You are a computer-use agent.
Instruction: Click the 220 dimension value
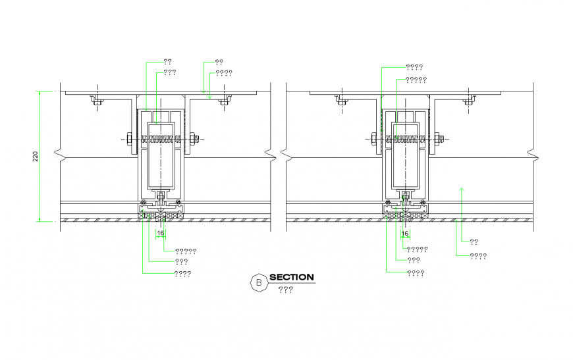coord(36,156)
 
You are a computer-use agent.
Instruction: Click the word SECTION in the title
coord(291,278)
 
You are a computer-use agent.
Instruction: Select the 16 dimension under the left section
coord(160,233)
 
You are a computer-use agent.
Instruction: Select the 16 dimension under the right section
coord(405,233)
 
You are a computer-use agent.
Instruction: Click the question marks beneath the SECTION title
coord(285,290)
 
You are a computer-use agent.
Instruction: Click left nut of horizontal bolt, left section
coord(128,139)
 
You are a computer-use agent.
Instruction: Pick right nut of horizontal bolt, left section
coord(194,139)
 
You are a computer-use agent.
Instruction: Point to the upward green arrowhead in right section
coord(461,189)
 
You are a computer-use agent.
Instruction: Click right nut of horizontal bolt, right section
coord(438,139)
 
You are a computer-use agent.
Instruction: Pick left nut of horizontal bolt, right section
coord(373,139)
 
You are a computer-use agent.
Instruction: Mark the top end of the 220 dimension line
coord(40,91)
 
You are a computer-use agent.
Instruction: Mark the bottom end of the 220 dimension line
coord(40,222)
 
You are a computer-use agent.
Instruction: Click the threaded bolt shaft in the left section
coord(161,139)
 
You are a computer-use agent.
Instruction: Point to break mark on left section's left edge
coord(60,156)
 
